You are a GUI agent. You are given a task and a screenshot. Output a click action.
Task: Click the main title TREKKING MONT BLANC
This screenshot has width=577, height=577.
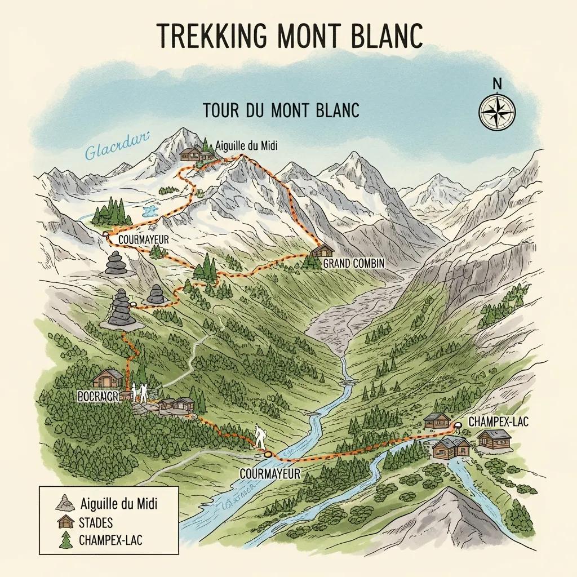tap(288, 37)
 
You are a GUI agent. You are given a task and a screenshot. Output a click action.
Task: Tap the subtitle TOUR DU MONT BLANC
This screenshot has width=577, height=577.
tap(281, 110)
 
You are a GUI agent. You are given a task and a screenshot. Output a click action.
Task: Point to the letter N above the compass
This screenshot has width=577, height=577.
tap(496, 83)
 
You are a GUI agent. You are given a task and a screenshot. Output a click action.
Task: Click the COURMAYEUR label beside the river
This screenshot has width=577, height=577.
tap(269, 474)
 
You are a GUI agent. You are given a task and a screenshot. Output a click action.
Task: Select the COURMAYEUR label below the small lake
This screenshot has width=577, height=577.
tap(144, 239)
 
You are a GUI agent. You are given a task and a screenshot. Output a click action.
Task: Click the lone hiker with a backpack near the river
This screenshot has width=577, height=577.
tap(260, 436)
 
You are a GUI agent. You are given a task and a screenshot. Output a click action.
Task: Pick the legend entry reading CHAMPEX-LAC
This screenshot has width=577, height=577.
tap(112, 540)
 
